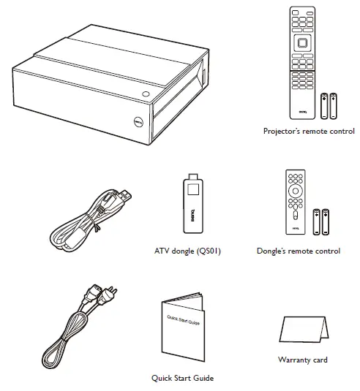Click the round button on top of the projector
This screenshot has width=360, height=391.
[146, 94]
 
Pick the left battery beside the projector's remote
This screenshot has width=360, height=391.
[324, 106]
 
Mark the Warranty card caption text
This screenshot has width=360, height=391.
[302, 360]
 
